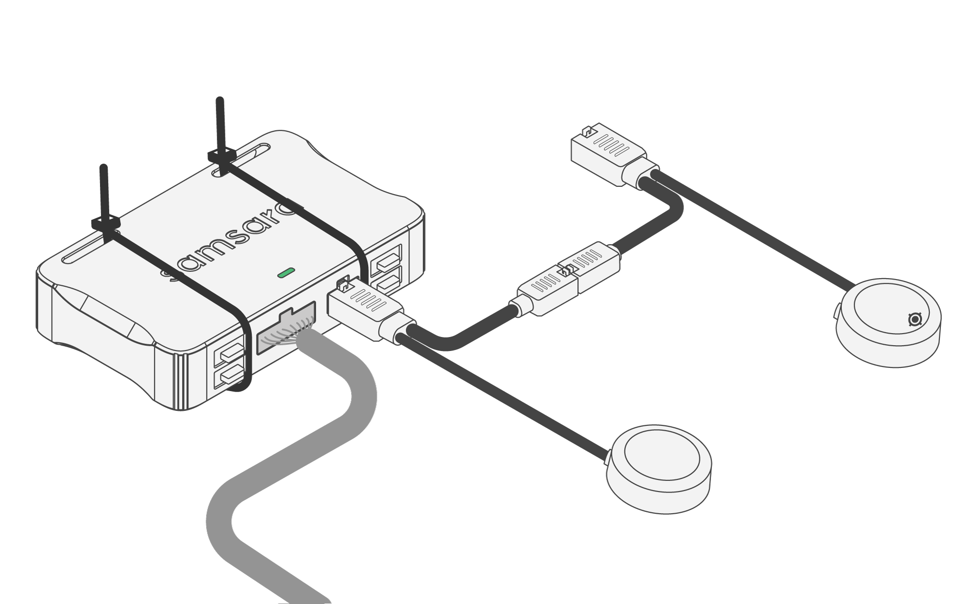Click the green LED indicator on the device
[285, 273]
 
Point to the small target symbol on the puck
[915, 319]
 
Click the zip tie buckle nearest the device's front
[106, 223]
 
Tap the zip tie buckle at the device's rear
[221, 155]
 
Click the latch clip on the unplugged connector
[587, 130]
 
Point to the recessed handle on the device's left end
[97, 316]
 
